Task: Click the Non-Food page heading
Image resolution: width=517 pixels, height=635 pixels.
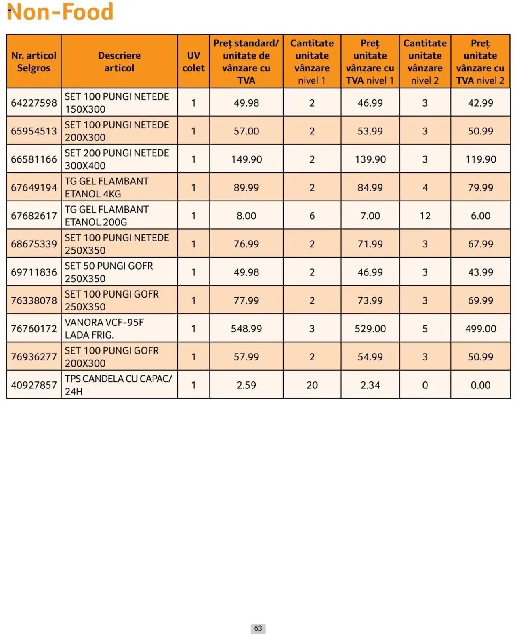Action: pyautogui.click(x=60, y=12)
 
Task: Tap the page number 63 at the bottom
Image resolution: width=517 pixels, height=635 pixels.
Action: pyautogui.click(x=258, y=628)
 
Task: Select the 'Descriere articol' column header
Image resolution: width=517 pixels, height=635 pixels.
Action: pyautogui.click(x=119, y=61)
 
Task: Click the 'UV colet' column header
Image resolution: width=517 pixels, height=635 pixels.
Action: pyautogui.click(x=193, y=61)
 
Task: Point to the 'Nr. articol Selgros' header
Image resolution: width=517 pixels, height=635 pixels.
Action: pyautogui.click(x=34, y=61)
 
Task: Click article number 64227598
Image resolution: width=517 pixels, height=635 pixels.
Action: pyautogui.click(x=34, y=103)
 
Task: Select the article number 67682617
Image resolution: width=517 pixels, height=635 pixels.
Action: pyautogui.click(x=34, y=216)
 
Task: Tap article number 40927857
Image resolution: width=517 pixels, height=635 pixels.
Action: pyautogui.click(x=34, y=385)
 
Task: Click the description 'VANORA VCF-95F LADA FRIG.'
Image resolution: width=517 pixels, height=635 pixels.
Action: pyautogui.click(x=104, y=329)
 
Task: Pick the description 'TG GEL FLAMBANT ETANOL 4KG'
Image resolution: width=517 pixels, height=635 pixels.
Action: pyautogui.click(x=107, y=187)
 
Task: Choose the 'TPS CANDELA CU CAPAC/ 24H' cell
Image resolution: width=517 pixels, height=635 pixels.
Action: pyautogui.click(x=118, y=385)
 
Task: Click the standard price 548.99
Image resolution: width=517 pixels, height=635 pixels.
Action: pyautogui.click(x=246, y=329)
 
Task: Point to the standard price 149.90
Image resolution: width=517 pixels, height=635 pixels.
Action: pyautogui.click(x=246, y=159)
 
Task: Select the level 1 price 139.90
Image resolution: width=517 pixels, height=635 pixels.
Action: pyautogui.click(x=370, y=159)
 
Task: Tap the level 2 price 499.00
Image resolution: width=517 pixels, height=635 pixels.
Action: pyautogui.click(x=481, y=329)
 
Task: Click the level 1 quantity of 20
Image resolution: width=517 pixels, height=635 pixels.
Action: pyautogui.click(x=312, y=385)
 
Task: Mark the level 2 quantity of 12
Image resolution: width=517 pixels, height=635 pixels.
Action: pyautogui.click(x=425, y=216)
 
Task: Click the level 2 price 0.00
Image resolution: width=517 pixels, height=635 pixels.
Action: pyautogui.click(x=481, y=385)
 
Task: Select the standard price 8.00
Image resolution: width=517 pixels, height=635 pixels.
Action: pyautogui.click(x=246, y=216)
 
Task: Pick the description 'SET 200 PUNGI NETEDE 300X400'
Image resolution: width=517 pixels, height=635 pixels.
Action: pyautogui.click(x=117, y=159)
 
